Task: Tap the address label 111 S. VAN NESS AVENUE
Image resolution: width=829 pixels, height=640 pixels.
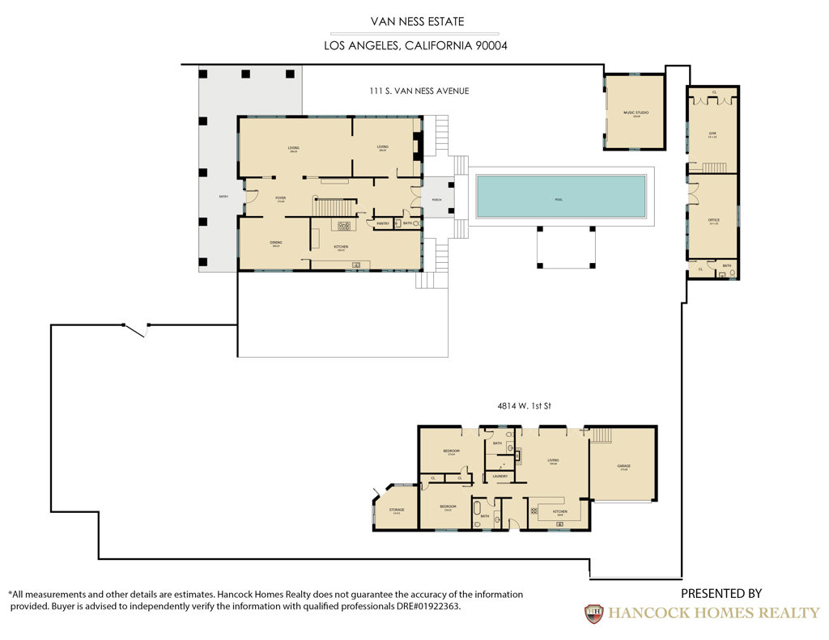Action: (419, 91)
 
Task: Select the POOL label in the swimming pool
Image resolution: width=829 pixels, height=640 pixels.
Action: (558, 198)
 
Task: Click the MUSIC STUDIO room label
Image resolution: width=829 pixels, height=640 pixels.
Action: (636, 113)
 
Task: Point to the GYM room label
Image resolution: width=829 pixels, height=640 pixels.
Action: (712, 134)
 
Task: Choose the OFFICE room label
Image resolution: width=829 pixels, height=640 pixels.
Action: (713, 220)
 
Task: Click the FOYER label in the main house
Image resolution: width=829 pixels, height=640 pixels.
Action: (280, 197)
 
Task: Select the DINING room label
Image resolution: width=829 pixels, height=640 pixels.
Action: (275, 243)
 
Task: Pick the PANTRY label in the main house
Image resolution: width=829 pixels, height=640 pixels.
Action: (383, 223)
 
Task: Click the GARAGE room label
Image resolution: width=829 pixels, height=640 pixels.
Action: (623, 466)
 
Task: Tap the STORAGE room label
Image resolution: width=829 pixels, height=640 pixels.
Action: (397, 510)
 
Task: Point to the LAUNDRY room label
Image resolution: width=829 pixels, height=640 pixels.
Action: (500, 476)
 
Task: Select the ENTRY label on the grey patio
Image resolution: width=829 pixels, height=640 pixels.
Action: (223, 197)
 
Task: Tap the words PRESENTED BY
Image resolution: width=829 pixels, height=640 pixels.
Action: (721, 594)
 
